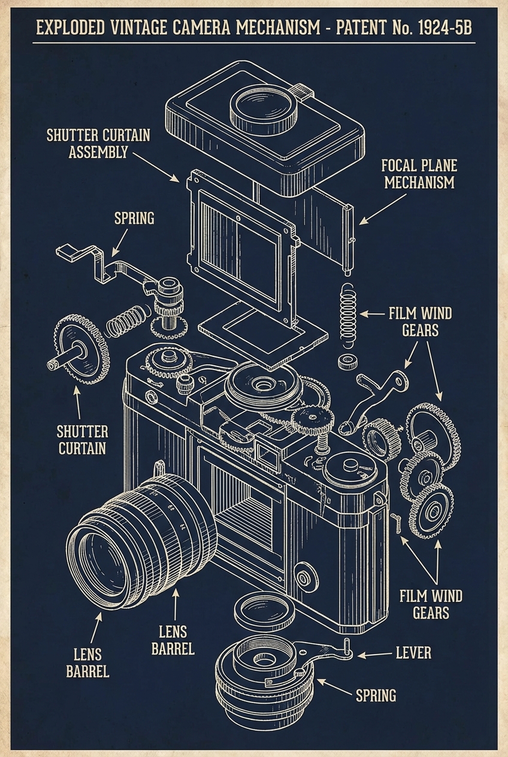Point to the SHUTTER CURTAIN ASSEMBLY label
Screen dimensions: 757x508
pos(99,143)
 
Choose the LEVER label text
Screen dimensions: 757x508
pos(414,652)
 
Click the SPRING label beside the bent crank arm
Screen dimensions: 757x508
pos(134,218)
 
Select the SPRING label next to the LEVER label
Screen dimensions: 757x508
pos(376,695)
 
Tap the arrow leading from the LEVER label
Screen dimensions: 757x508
pos(374,654)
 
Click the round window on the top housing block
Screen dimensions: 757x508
pos(264,105)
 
